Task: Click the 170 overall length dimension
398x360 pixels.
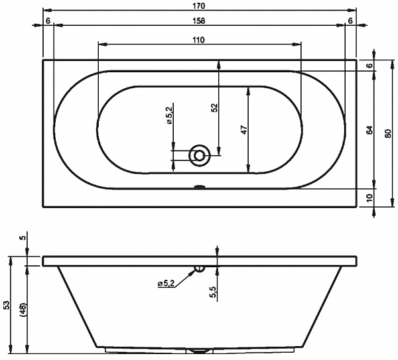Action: [x=199, y=6]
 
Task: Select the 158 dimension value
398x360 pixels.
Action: [x=199, y=21]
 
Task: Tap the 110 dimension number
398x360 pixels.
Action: [x=199, y=40]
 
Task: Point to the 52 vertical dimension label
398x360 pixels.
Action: [x=215, y=108]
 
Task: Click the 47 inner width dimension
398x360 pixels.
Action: [x=243, y=130]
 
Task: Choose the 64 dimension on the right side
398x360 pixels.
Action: [x=370, y=130]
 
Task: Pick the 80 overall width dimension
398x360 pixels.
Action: [x=387, y=133]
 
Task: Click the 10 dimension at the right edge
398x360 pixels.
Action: [x=370, y=198]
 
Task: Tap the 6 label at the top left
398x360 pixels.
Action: [x=48, y=21]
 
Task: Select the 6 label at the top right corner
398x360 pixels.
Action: [x=350, y=21]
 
